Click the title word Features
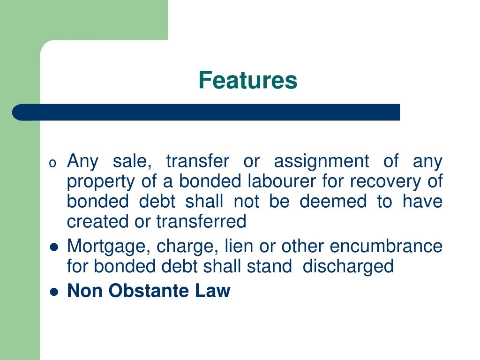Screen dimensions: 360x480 [x=247, y=80]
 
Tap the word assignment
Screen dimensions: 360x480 [x=322, y=161]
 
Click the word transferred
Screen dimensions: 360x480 [x=201, y=222]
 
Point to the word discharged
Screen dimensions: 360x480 [x=348, y=267]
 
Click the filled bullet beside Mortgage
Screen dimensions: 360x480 [x=54, y=247]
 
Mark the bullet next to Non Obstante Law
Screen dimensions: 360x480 [x=54, y=292]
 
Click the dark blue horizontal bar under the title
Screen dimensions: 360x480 [x=206, y=112]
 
